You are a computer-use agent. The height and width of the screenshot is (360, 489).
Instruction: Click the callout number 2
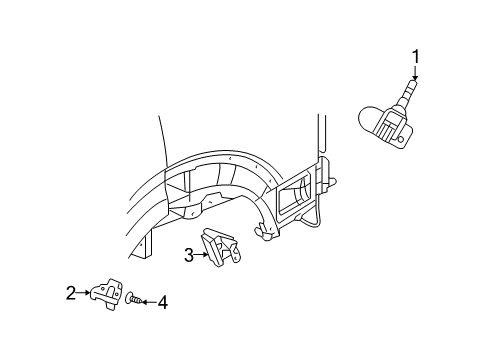point(71,293)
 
